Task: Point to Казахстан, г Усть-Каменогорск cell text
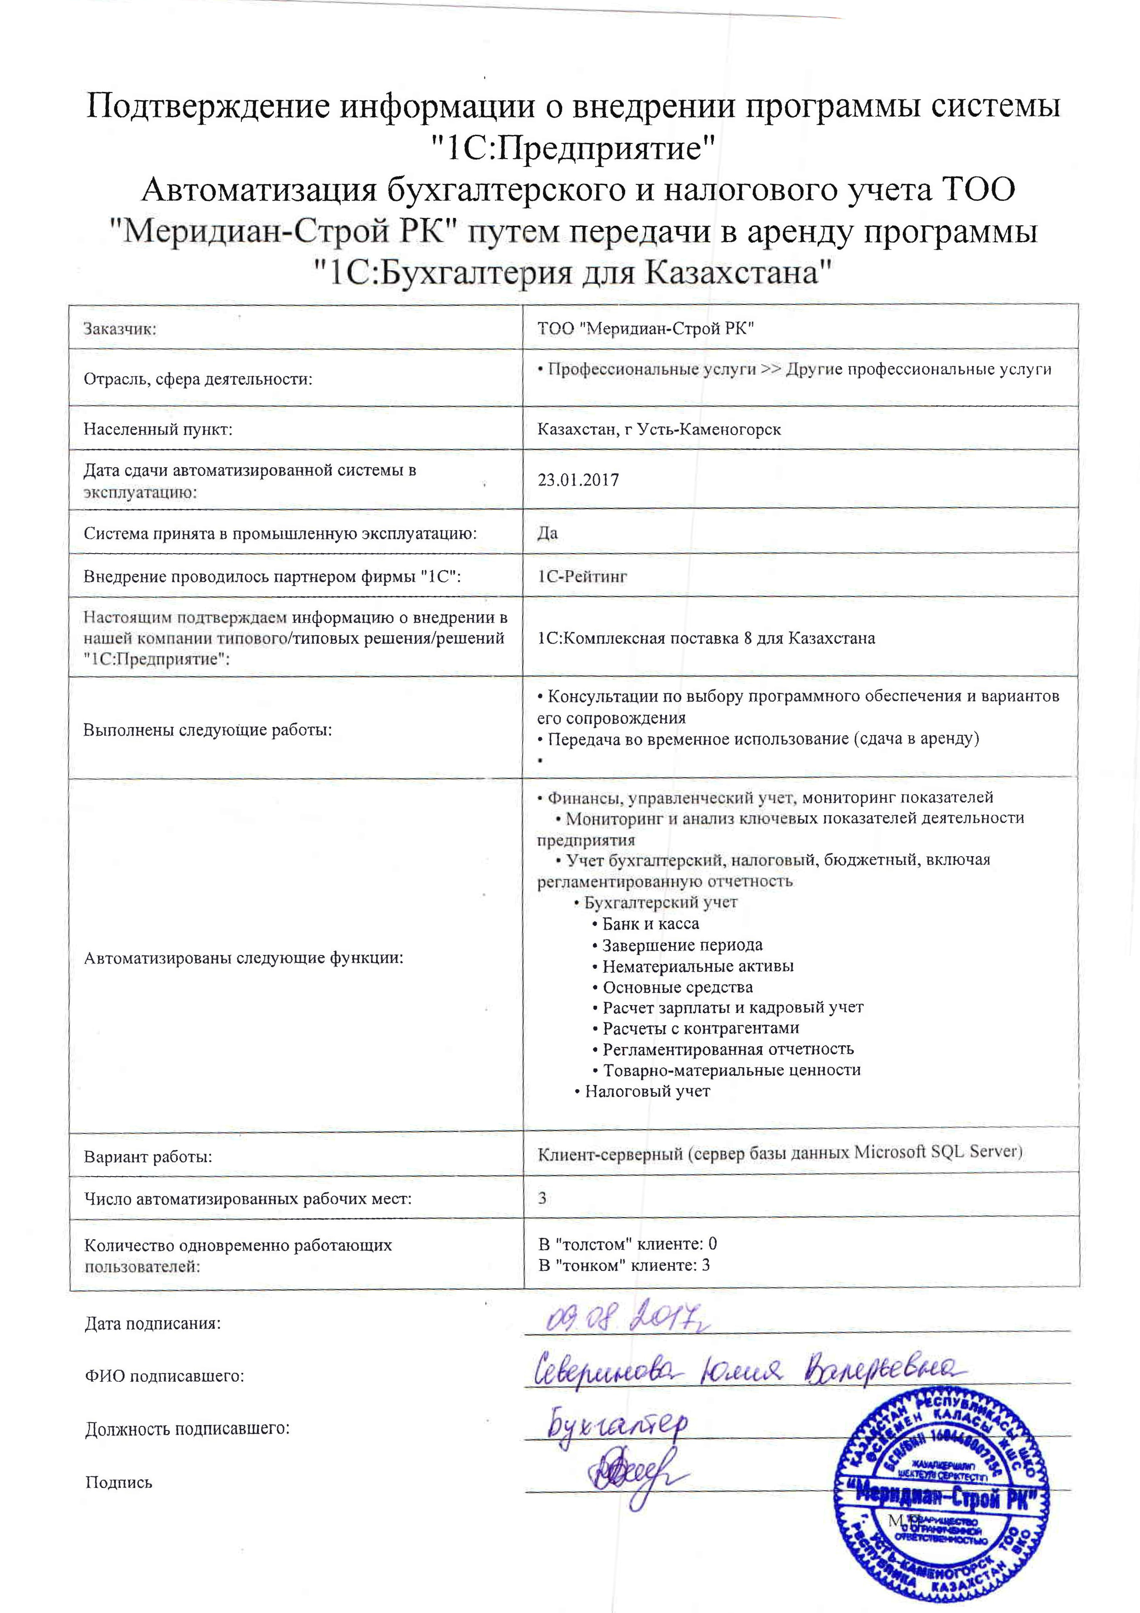[659, 429]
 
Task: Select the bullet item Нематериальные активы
[697, 966]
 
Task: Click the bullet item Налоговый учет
[647, 1091]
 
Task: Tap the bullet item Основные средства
[677, 987]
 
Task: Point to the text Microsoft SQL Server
[937, 1152]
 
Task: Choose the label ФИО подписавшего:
[165, 1376]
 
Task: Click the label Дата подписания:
[153, 1324]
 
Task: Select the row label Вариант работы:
[148, 1157]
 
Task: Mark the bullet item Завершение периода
[682, 945]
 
